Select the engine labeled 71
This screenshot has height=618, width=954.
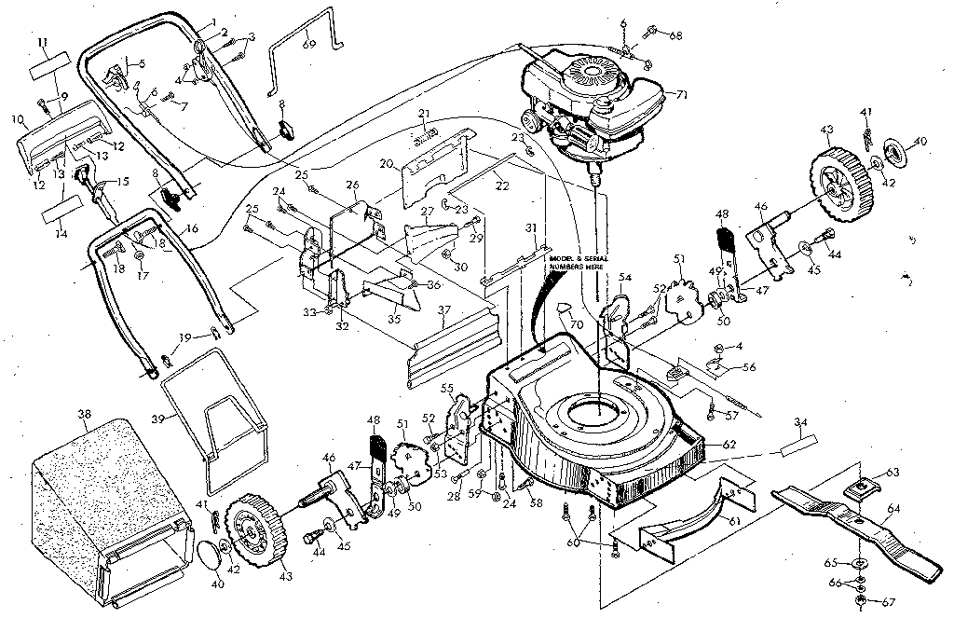[587, 103]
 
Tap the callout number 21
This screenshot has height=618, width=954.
[423, 114]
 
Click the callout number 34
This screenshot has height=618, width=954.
[799, 423]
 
